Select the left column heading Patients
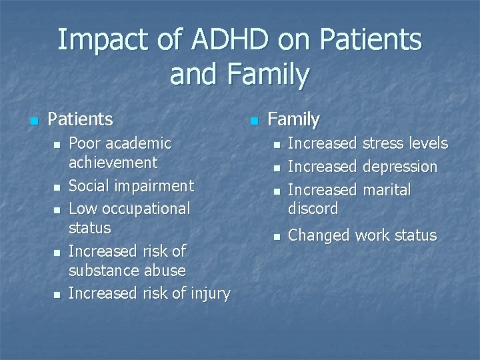(81, 120)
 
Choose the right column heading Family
(293, 120)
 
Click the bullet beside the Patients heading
(32, 121)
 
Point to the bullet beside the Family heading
(253, 121)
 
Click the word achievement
(113, 163)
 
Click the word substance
(105, 271)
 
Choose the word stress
(386, 143)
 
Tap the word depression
(400, 167)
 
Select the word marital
(387, 190)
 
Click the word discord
(313, 209)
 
